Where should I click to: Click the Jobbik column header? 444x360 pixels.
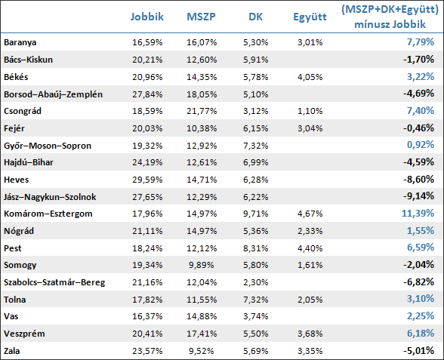tap(147, 17)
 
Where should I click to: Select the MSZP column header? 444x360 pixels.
tap(201, 17)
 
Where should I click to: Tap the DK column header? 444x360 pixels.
tap(255, 17)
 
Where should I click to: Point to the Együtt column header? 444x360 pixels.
tap(310, 17)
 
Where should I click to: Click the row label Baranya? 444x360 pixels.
tap(20, 42)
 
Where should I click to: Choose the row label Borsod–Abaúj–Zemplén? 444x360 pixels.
tap(53, 94)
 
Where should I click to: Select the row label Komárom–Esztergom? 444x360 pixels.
tap(48, 214)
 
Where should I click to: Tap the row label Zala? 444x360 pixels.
tap(12, 351)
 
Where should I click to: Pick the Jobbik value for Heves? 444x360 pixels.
tap(147, 180)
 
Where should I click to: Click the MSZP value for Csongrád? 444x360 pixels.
tap(202, 111)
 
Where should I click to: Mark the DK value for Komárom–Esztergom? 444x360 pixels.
tap(255, 214)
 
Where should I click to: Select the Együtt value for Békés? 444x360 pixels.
tap(310, 77)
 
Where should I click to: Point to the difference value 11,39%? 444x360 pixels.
tap(418, 213)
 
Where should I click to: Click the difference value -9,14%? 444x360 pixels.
tap(418, 196)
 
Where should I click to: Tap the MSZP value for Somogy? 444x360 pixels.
tap(201, 265)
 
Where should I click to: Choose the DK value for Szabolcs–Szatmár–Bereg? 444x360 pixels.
tap(255, 282)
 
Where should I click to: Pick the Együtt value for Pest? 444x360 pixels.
tap(310, 248)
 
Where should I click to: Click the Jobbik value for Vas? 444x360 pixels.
tap(147, 316)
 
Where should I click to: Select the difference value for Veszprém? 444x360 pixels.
tap(421, 333)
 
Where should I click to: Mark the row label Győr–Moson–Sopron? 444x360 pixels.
tap(48, 146)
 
